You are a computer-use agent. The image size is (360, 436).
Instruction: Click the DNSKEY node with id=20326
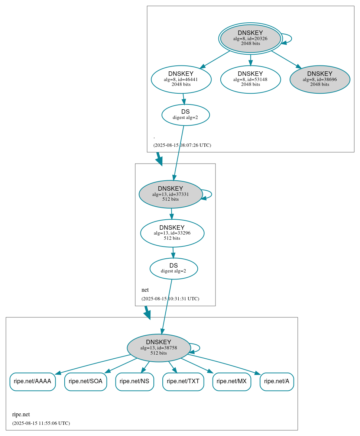point(250,38)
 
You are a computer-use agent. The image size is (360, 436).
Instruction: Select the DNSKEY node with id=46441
point(181,79)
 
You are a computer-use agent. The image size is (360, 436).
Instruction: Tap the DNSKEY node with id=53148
point(250,79)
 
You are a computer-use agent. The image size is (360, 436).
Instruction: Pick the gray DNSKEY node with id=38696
point(320,79)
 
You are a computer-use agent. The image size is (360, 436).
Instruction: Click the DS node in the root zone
point(185,115)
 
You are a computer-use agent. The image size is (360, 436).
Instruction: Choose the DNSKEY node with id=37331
point(171,194)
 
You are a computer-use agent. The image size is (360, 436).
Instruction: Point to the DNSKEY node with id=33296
point(172,233)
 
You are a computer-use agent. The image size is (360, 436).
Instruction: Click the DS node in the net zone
point(173,268)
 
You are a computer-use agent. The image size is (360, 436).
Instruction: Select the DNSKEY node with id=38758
point(159,348)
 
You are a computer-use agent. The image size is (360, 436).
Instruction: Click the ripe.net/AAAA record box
point(32,381)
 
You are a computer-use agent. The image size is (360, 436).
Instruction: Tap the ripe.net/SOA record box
point(85,381)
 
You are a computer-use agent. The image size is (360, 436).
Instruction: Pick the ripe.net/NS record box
point(134,381)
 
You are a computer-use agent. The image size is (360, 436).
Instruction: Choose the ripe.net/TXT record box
point(183,381)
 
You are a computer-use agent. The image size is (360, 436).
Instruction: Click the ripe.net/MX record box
point(231,381)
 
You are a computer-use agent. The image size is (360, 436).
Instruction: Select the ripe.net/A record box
point(277,381)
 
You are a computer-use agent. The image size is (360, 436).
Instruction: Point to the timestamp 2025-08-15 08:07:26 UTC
point(182,145)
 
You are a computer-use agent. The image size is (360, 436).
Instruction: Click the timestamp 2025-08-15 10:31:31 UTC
point(170,299)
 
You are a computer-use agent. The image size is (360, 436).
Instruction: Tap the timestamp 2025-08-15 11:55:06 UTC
point(41,423)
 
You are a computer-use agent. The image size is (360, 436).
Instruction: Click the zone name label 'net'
point(145,290)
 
